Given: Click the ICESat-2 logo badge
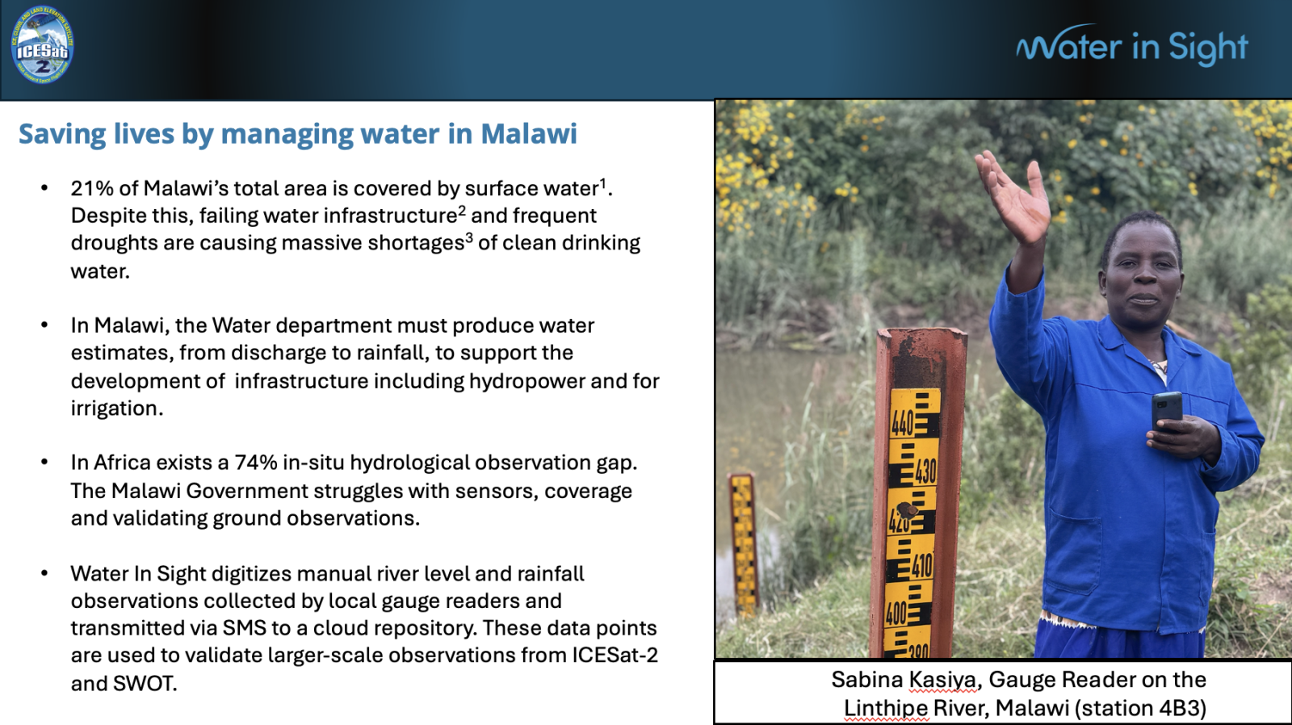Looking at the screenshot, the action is [x=42, y=45].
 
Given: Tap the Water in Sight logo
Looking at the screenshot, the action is [x=1131, y=45].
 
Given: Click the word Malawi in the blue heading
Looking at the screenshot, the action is [x=529, y=133].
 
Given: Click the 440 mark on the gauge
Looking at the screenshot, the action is [x=902, y=424].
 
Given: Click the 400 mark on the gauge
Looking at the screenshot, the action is [x=896, y=613].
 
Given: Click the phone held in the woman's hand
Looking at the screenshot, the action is [x=1166, y=411].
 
